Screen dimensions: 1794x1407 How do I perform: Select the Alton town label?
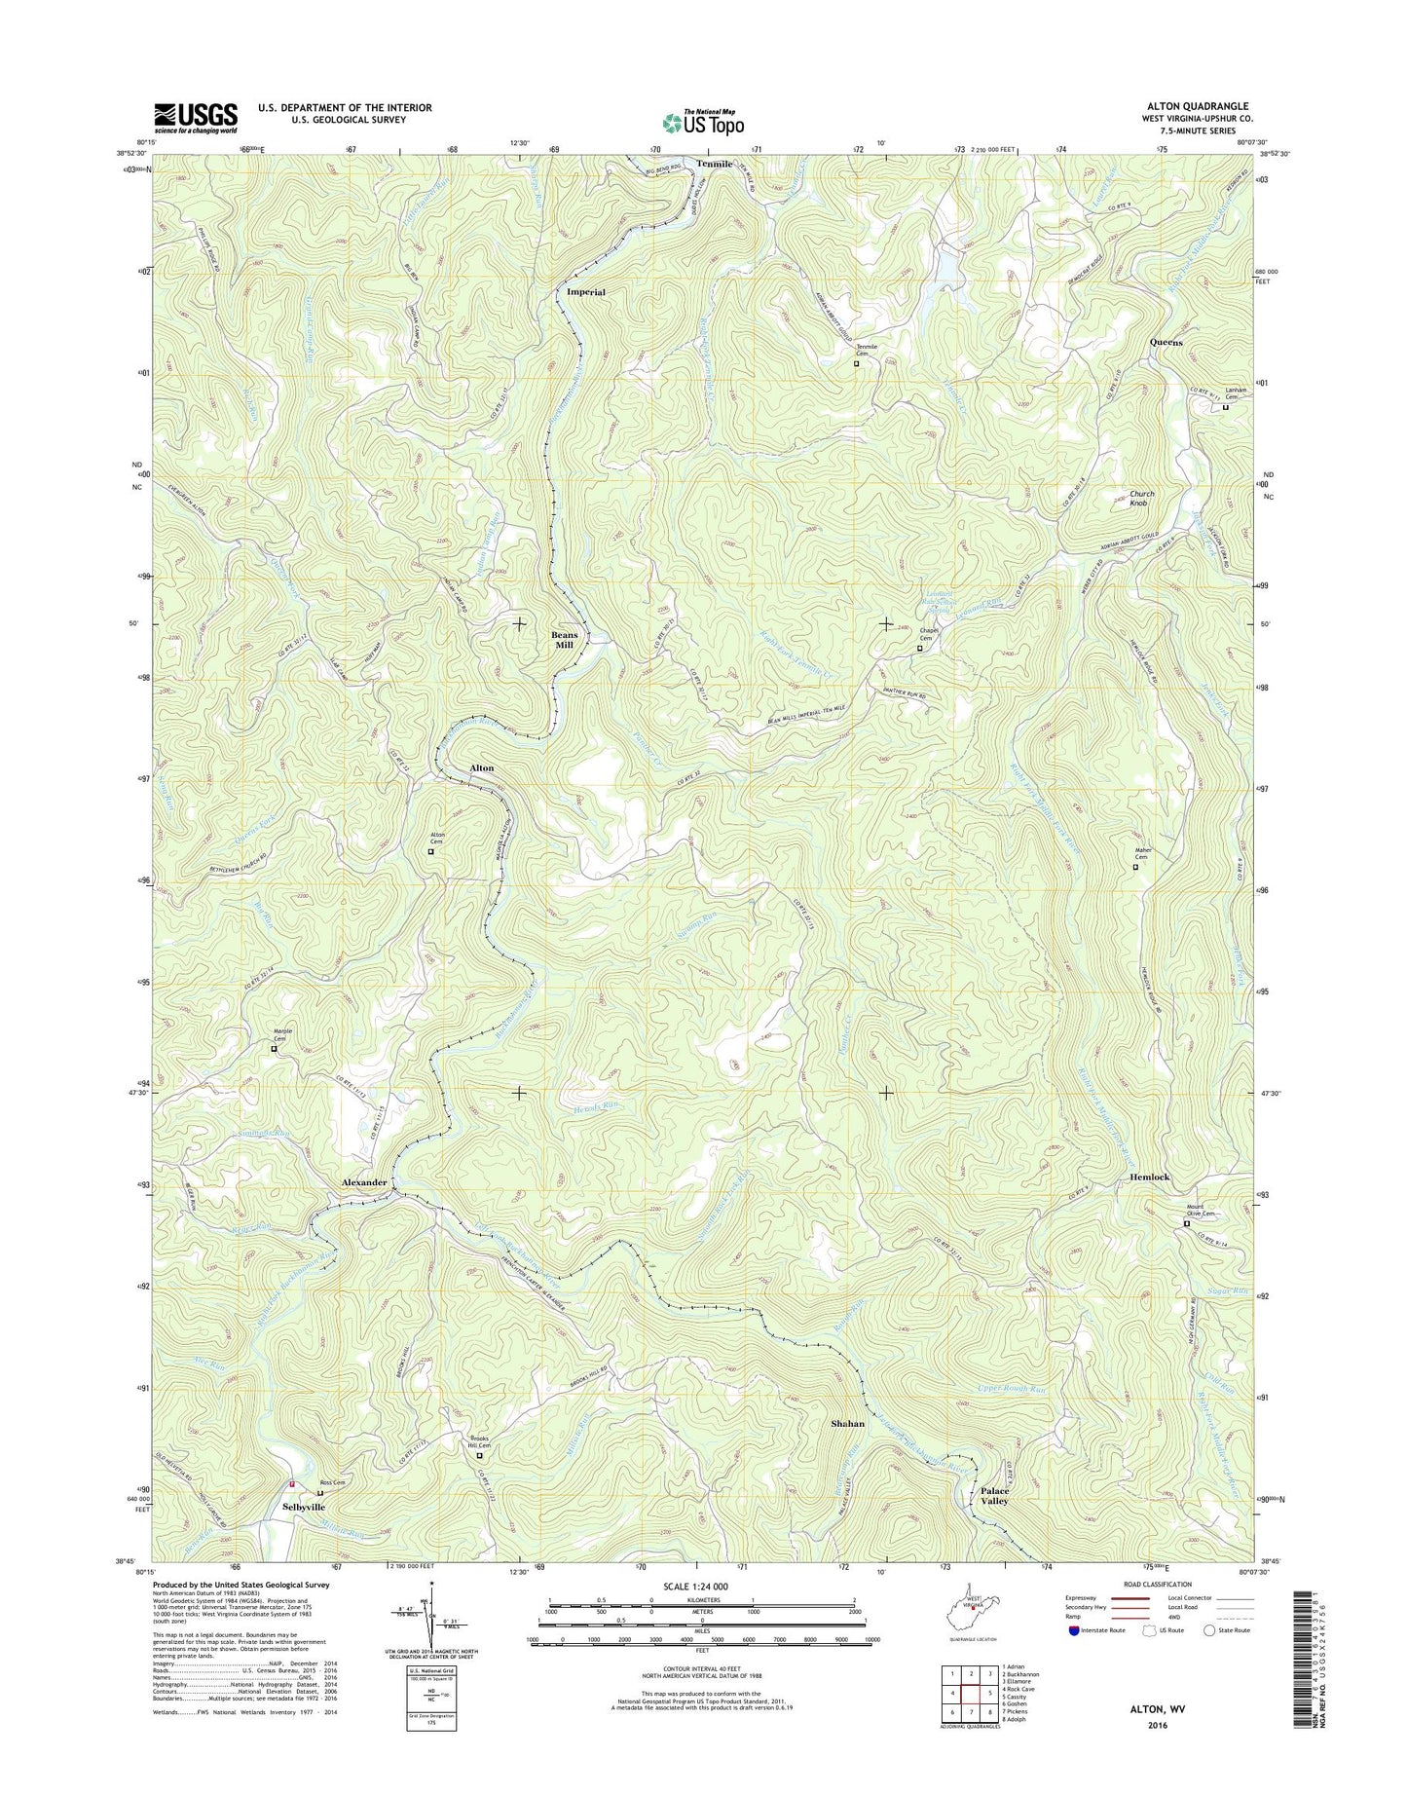coord(482,768)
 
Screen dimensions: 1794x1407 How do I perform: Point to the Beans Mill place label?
coord(565,640)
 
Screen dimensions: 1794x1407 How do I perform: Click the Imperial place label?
coord(586,292)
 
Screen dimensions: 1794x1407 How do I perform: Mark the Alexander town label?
coord(364,1182)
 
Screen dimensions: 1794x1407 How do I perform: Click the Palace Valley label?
coord(994,1496)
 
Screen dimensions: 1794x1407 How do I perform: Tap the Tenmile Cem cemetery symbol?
coord(857,364)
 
